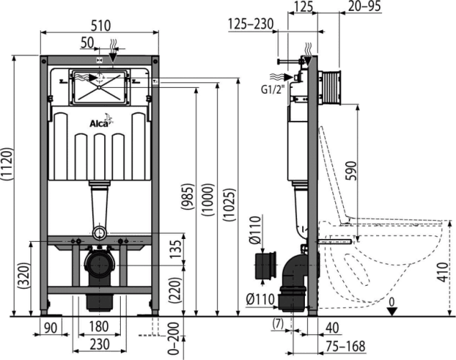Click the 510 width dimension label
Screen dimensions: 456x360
101,26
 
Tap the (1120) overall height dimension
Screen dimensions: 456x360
7,164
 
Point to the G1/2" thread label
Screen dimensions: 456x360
272,90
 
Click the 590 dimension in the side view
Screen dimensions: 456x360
351,171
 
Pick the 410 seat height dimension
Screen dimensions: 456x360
443,272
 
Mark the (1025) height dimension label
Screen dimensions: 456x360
229,205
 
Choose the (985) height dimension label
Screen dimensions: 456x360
187,197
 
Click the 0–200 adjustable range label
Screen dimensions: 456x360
173,338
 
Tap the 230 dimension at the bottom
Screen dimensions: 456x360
100,344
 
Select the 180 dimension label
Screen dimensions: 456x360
99,327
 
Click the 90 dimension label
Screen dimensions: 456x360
50,328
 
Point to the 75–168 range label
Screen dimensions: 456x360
345,346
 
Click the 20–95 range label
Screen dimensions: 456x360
365,6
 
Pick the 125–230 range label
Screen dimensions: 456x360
251,24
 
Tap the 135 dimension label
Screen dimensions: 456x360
175,249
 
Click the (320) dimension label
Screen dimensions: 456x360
23,276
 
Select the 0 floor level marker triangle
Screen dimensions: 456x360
392,311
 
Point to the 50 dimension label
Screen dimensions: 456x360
87,42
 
